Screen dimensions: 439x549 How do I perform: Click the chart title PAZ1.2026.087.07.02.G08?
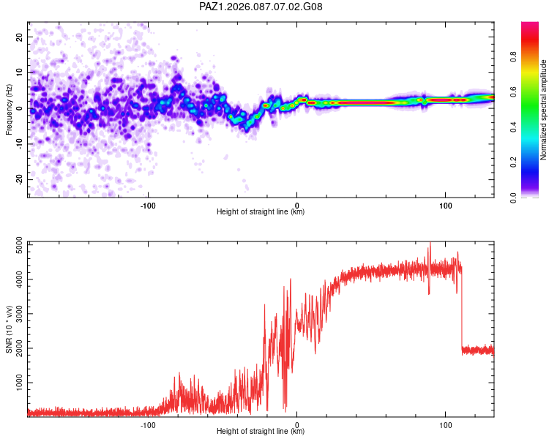coord(261,7)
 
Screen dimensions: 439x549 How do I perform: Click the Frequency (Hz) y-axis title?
coord(9,109)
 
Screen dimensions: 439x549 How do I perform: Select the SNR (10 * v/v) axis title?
coord(9,329)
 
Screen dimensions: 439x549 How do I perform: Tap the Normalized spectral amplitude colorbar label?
coord(543,109)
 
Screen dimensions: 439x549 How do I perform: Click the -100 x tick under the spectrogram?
coord(149,205)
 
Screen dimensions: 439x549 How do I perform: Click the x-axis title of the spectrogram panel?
coord(261,212)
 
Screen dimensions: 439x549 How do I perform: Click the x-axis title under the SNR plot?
coord(261,432)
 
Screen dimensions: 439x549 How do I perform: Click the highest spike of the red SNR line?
coord(430,244)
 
